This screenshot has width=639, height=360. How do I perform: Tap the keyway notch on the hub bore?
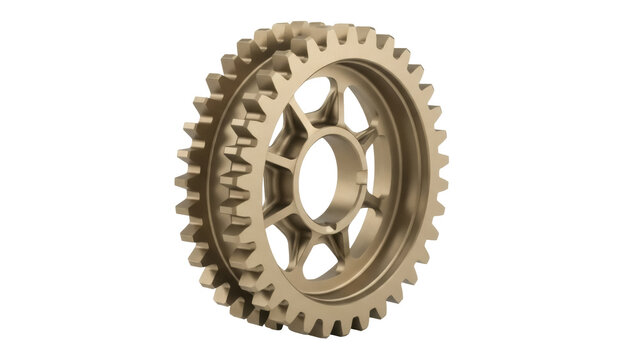pos(361,180)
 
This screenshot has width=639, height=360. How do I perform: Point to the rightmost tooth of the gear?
pos(441,180)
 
